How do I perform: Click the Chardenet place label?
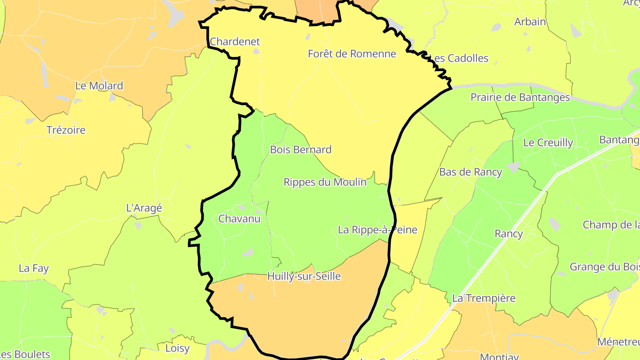coord(235,42)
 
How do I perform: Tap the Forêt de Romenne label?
coord(352,54)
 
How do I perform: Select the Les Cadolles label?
coord(459,58)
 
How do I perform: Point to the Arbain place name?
coord(530,21)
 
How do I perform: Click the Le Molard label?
coord(99,86)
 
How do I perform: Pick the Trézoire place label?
coord(66,130)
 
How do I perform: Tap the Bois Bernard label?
coord(300,150)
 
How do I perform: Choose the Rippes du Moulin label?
coord(325,182)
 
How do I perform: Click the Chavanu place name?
coord(239,219)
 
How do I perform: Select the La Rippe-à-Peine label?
coord(377,230)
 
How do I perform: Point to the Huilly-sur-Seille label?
coord(304,276)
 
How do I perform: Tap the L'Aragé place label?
coord(144,208)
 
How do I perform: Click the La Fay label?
coord(33,268)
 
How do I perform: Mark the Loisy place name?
coord(177,348)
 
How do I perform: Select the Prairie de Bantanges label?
coord(520,97)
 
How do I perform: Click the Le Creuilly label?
coord(548,143)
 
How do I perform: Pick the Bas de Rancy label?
coord(470,172)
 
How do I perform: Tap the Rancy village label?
coord(508,234)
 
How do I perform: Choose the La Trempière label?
coord(484,298)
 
